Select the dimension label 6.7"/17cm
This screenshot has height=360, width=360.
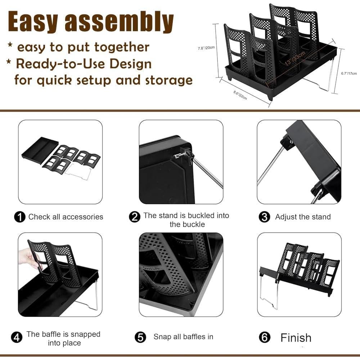(349, 73)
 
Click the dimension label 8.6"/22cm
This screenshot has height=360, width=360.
(240, 96)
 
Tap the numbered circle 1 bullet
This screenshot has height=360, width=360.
(20, 217)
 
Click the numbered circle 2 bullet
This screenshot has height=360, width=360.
(135, 217)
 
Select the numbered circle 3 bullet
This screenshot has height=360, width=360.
(265, 217)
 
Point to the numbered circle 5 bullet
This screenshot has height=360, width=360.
(140, 337)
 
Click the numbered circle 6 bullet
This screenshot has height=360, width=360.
(265, 338)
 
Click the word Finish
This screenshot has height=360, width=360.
(296, 338)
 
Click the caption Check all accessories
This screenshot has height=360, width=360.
(66, 217)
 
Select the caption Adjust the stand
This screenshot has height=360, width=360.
(303, 217)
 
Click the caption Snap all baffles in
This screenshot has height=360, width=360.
(183, 337)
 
